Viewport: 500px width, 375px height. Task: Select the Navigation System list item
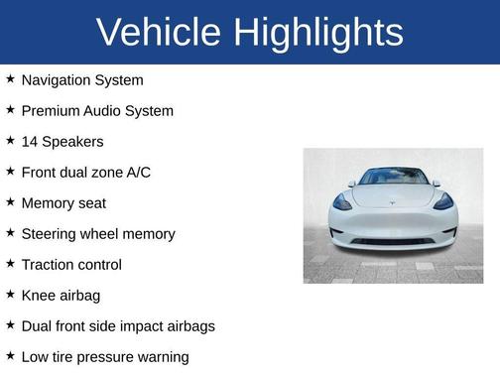tap(82, 80)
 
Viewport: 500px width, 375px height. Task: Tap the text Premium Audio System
tap(97, 111)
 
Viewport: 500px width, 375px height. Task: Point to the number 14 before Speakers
tap(30, 142)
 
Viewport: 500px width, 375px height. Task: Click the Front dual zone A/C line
tap(86, 173)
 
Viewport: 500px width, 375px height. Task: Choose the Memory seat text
tap(63, 203)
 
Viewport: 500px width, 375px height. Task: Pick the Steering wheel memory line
tap(98, 234)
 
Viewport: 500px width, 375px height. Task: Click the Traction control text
tap(71, 265)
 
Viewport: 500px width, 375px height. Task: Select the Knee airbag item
tap(61, 296)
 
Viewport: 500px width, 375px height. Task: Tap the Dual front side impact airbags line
tap(118, 326)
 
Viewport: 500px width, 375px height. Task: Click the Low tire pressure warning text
tap(105, 357)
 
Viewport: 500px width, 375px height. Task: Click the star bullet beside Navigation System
tap(10, 79)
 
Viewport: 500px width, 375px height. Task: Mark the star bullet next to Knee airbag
tap(10, 295)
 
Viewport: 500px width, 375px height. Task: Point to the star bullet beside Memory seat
tap(10, 202)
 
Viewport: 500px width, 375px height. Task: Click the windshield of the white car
tap(393, 178)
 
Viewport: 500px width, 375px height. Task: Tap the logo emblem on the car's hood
tap(393, 198)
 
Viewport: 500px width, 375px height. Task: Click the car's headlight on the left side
tap(343, 203)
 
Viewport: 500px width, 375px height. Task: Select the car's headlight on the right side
tap(442, 203)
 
